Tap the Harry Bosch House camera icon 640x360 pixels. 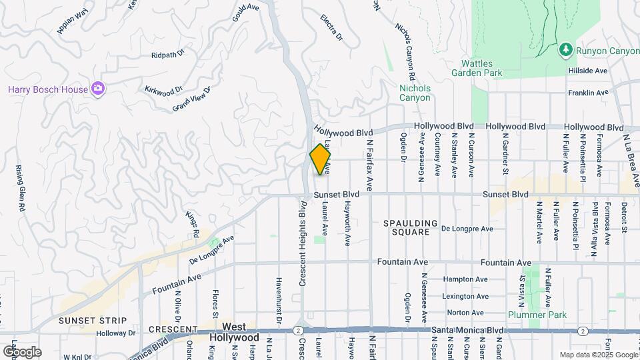point(98,89)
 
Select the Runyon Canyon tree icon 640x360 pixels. point(565,50)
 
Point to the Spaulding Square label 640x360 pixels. point(411,228)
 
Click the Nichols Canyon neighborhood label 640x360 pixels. point(415,93)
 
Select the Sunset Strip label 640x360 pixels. point(87,321)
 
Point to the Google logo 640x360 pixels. point(22,351)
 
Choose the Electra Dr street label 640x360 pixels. point(331,27)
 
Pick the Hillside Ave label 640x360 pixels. point(587,71)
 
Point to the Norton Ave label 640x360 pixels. point(465,312)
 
